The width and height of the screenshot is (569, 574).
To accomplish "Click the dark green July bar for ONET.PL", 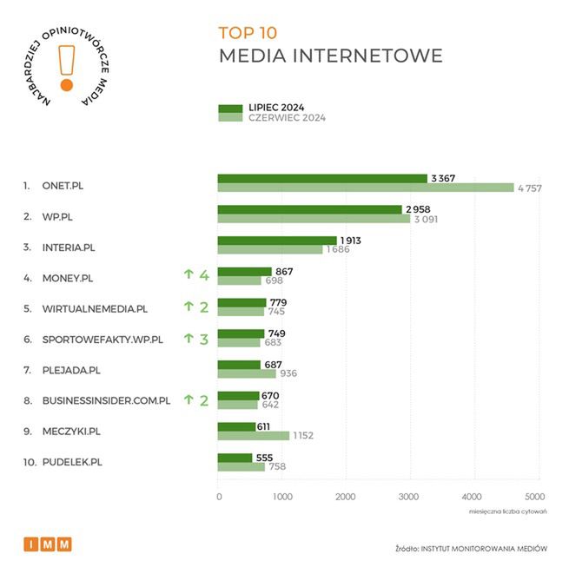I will click(321, 179).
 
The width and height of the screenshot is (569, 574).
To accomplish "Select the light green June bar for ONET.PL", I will click(365, 188).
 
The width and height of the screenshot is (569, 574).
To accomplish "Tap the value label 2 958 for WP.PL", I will click(417, 209).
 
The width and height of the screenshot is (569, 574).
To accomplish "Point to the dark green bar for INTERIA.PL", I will click(276, 241).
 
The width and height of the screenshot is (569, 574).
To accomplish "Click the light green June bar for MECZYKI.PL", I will click(253, 435).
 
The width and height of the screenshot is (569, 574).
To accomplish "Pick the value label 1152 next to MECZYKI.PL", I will click(303, 436).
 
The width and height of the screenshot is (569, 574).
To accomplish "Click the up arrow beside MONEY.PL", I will click(188, 276).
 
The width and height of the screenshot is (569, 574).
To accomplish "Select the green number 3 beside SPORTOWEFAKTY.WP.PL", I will click(204, 339).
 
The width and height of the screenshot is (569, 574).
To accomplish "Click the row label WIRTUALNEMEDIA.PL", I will click(95, 308).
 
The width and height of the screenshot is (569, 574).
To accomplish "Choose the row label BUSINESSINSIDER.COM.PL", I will click(106, 401).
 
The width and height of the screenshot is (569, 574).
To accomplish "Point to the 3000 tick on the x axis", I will click(408, 497).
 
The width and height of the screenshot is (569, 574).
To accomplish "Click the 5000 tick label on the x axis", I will click(535, 497).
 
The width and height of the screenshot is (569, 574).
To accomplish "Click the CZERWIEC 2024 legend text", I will click(287, 118).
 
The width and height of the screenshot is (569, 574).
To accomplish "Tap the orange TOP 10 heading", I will click(248, 34).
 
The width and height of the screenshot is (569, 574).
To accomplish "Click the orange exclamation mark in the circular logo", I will click(66, 65).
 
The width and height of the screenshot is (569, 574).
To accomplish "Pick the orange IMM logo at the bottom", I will click(48, 544).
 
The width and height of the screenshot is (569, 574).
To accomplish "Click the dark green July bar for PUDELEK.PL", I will click(235, 458).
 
